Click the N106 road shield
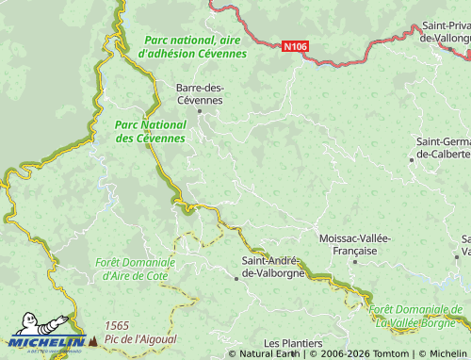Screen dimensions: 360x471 pyautogui.click(x=295, y=45)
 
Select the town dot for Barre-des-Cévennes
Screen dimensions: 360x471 pyautogui.click(x=199, y=111)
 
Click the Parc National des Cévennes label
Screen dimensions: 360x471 pyautogui.click(x=150, y=131)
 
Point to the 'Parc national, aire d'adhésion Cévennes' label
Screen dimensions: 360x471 pyautogui.click(x=192, y=47)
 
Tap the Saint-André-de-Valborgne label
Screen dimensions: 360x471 pyautogui.click(x=270, y=266)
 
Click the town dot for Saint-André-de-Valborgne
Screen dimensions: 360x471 pyautogui.click(x=236, y=278)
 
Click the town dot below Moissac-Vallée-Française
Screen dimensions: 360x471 pyautogui.click(x=355, y=261)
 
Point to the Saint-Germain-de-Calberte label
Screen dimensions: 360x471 pyautogui.click(x=443, y=147)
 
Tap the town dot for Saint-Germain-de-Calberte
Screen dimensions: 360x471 pyautogui.click(x=412, y=159)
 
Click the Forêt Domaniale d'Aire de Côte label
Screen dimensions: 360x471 pyautogui.click(x=136, y=269)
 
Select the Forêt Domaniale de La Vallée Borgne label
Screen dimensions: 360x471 pyautogui.click(x=416, y=315)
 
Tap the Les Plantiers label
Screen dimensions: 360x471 pyautogui.click(x=293, y=343)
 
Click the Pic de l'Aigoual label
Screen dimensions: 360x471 pyautogui.click(x=141, y=338)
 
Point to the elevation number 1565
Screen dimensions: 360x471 pyautogui.click(x=118, y=325)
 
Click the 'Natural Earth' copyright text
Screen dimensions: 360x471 pyautogui.click(x=271, y=353)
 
